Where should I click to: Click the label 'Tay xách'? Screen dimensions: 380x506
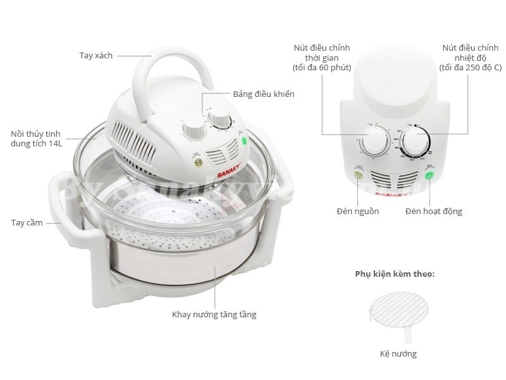pos(96,55)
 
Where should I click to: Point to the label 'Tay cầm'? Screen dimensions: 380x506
pos(26,222)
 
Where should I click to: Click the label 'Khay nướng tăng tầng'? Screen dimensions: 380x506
pos(214,314)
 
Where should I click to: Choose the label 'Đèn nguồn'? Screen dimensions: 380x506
pos(358,211)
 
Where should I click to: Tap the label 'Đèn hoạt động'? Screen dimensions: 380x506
pos(433,211)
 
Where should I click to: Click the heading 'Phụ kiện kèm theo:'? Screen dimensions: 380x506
pos(394,275)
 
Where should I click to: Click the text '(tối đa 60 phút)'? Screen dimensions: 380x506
pos(321,68)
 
